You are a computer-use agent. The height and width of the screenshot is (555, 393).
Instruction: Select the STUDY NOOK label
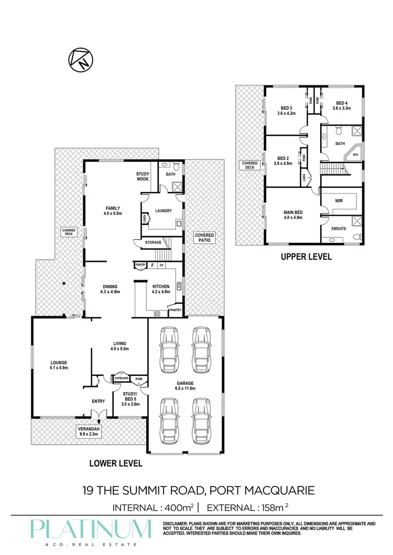click(x=143, y=176)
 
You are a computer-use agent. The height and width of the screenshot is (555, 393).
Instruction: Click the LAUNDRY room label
click(x=164, y=211)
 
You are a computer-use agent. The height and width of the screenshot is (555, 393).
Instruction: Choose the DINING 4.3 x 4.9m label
click(x=110, y=289)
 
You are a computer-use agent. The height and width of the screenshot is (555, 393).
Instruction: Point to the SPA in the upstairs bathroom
click(x=355, y=155)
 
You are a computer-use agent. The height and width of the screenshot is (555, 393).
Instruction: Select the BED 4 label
click(x=341, y=105)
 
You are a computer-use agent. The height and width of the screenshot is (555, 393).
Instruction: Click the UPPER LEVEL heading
click(x=307, y=257)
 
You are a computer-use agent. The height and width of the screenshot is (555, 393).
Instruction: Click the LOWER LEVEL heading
click(x=116, y=463)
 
